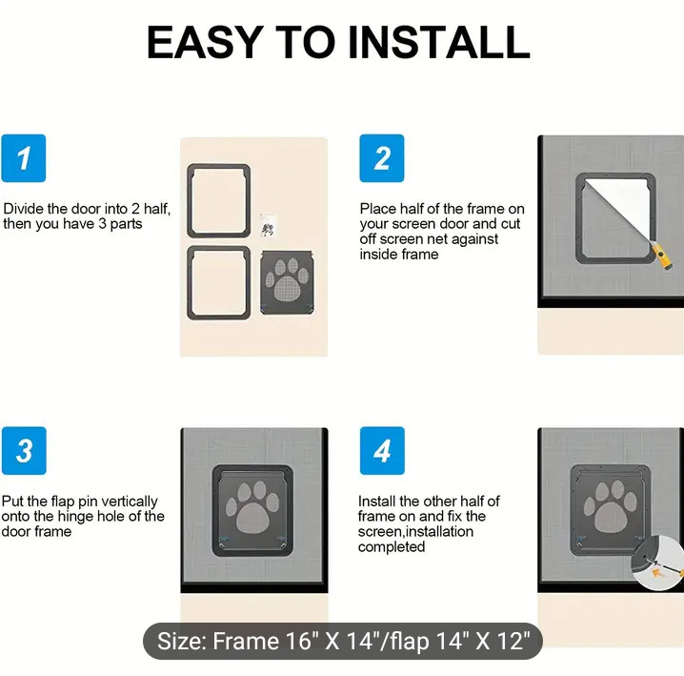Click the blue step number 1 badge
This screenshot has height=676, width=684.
tap(24, 158)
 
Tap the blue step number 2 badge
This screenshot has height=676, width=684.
tap(382, 158)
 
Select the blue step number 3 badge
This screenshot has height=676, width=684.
tap(24, 451)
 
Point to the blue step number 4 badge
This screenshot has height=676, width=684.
tap(382, 451)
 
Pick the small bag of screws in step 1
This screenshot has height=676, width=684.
tap(268, 226)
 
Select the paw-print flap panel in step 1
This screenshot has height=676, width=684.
tap(287, 282)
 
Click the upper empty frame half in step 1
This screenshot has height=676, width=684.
tap(189, 201)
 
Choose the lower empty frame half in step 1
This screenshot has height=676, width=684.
tap(189, 283)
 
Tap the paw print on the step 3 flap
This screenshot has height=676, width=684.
tap(252, 507)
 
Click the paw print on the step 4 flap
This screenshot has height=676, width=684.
tap(611, 506)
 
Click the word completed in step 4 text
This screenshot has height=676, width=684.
tap(392, 546)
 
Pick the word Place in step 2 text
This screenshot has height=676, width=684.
tap(378, 209)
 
